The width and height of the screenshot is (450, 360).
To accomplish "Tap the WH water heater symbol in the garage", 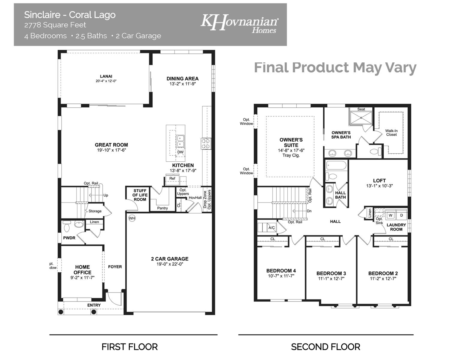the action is point(132,218).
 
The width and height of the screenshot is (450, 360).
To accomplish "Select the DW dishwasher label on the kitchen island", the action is point(180,152).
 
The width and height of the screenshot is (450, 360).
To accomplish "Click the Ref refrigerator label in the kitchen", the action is point(172,178).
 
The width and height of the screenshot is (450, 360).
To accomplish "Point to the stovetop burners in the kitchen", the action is point(206,143).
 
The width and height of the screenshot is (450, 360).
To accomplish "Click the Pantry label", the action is point(163,208).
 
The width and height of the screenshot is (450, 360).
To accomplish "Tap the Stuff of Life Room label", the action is point(140,195).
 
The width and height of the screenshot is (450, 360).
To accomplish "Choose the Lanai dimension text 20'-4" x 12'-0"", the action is point(106,81).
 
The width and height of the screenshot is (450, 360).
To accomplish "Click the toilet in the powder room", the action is point(67,227).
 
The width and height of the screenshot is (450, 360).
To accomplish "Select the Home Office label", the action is point(82,269).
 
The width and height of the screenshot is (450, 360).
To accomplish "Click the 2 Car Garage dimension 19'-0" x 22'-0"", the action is point(170,264).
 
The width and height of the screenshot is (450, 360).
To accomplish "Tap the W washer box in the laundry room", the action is point(391,215).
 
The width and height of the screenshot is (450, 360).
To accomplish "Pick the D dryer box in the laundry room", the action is point(401,215).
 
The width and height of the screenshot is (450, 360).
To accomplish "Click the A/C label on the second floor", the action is point(271,228).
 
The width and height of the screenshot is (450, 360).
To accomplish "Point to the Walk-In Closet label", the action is point(391,133).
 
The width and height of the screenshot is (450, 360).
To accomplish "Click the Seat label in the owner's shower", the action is point(361,109).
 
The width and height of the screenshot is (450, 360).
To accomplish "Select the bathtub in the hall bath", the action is point(336,166).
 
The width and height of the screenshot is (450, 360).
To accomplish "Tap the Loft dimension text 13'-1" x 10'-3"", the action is point(379,186).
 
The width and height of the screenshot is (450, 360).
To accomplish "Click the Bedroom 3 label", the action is point(331,273).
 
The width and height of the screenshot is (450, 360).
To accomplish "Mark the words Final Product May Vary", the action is point(335,67).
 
